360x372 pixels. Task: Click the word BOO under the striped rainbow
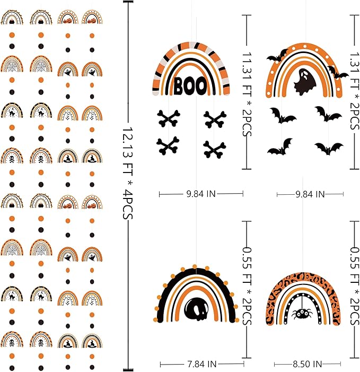pyautogui.click(x=190, y=85)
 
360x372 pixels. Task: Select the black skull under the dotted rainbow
pyautogui.click(x=197, y=309)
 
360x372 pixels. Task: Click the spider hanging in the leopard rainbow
pyautogui.click(x=302, y=314)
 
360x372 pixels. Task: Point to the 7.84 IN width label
pyautogui.click(x=202, y=364)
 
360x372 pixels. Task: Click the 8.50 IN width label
pyautogui.click(x=307, y=364)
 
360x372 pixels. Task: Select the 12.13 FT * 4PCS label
pyautogui.click(x=128, y=173)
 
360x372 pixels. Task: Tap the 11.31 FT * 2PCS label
pyautogui.click(x=247, y=94)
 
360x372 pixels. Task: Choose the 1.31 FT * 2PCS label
pyautogui.click(x=355, y=91)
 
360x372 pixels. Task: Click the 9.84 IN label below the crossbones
pyautogui.click(x=201, y=194)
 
